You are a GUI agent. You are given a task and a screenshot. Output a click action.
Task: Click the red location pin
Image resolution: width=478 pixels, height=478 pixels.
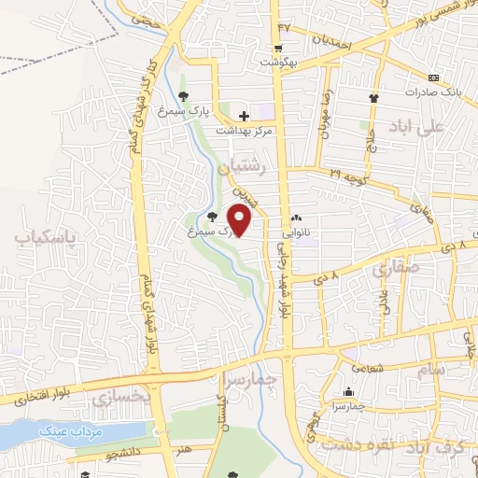pyautogui.click(x=240, y=219)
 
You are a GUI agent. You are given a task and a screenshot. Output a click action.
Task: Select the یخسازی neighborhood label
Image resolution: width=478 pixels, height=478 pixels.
pyautogui.click(x=120, y=398)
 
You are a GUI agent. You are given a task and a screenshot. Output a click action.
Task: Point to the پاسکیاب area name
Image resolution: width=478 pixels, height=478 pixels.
pyautogui.click(x=43, y=237)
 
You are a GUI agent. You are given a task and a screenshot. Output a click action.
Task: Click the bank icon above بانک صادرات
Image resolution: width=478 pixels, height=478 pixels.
pyautogui.click(x=432, y=77)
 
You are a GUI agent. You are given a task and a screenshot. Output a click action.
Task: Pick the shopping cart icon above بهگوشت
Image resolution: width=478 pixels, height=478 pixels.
pyautogui.click(x=279, y=49)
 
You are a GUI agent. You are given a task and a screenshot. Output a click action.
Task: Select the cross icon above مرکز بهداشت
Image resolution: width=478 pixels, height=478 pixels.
pyautogui.click(x=244, y=115)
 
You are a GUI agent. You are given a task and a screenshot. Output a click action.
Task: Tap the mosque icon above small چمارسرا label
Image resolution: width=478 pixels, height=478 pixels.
pyautogui.click(x=349, y=392)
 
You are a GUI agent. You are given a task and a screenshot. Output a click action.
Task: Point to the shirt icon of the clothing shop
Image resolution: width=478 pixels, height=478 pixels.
pyautogui.click(x=374, y=97)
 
